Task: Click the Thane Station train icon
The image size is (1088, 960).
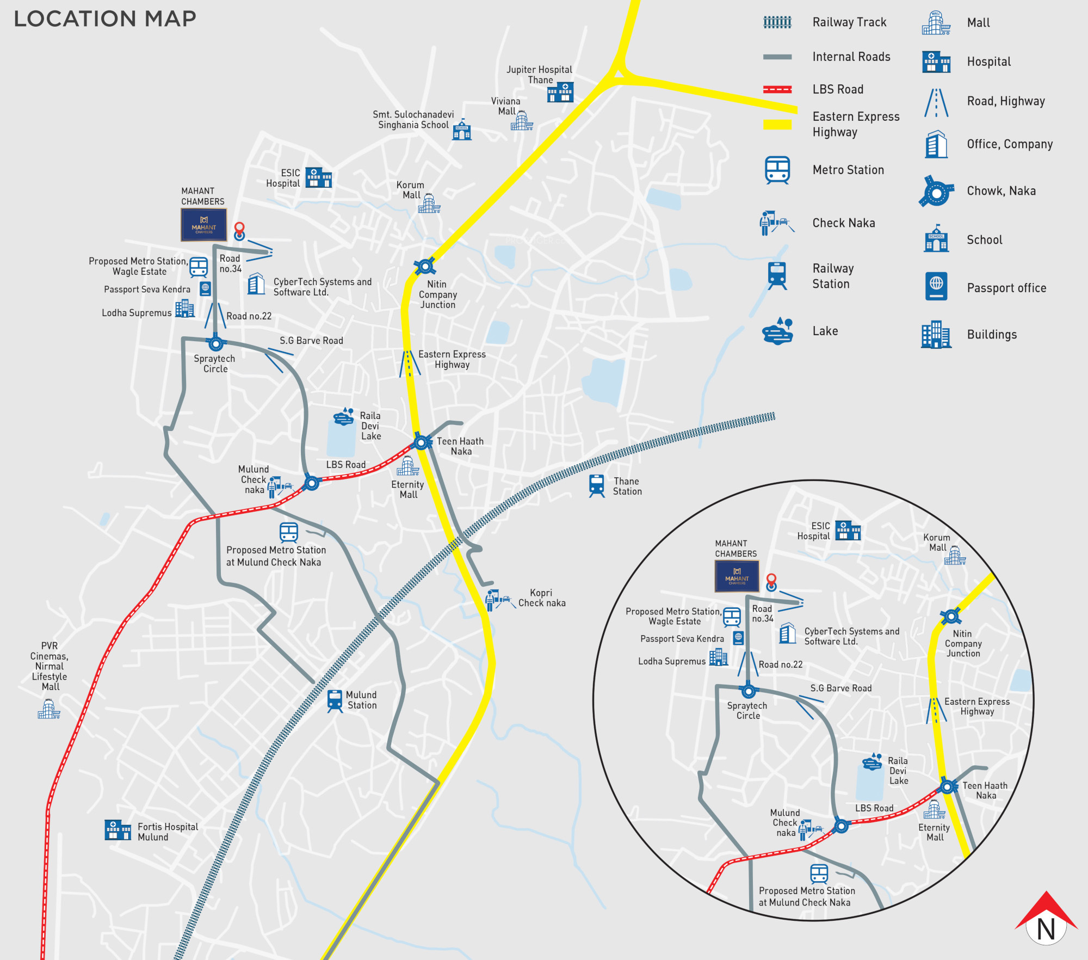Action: pos(597,485)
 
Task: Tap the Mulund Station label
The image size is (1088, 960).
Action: pos(361,700)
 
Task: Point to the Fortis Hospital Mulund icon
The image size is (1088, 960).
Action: pos(118,830)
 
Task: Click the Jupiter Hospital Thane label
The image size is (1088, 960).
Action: pos(539,75)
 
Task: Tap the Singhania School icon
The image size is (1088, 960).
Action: pos(462,130)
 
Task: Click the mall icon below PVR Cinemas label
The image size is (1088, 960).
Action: pos(49,709)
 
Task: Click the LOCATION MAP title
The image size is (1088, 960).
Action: pos(105,19)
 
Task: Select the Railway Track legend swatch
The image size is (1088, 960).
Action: pos(777,22)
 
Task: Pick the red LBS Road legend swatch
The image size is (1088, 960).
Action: pos(777,90)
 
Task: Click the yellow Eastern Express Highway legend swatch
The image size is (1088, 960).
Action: pos(777,125)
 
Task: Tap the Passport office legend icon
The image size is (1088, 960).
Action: pos(936,287)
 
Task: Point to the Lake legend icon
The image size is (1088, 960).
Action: pos(777,331)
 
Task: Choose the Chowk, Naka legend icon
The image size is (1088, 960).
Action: pos(936,192)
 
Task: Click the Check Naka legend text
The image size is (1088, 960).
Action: pos(844,223)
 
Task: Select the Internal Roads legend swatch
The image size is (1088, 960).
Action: pos(777,57)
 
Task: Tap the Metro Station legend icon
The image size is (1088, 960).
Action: pos(777,170)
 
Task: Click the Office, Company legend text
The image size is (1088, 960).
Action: pos(1010,144)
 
